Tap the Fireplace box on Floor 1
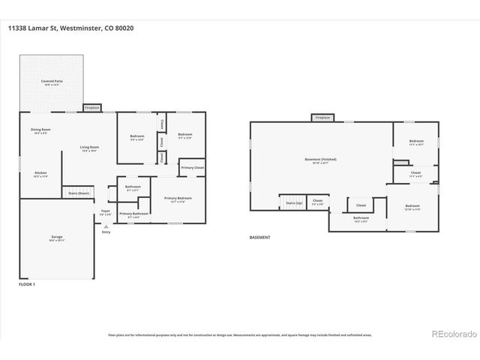[x=92, y=108]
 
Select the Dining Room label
[x=41, y=130]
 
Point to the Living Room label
[x=89, y=148]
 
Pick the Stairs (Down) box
[x=79, y=193]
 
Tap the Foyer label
[x=105, y=211]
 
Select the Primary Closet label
[x=192, y=167]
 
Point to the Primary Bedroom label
[x=178, y=199]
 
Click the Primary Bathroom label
[x=133, y=214]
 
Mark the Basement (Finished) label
[x=320, y=160]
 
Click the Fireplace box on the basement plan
[x=322, y=118]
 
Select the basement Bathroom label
[x=361, y=218]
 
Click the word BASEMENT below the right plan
[x=259, y=238]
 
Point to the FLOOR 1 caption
[x=26, y=284]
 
